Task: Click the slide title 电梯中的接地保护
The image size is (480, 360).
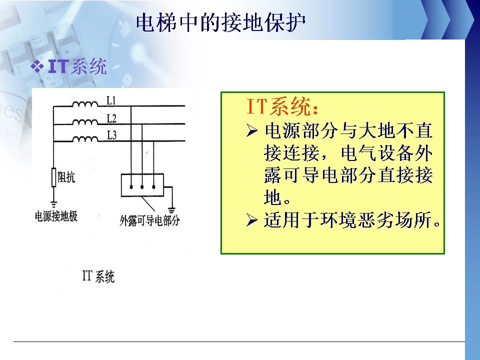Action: tap(220, 22)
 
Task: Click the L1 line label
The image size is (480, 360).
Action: tap(111, 100)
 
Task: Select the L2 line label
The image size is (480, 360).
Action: tap(111, 118)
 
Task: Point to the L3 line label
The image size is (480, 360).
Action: tap(111, 135)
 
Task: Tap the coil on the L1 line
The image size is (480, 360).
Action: tap(85, 104)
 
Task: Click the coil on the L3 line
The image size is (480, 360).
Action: tap(85, 139)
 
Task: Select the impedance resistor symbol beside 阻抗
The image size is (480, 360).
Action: tap(54, 177)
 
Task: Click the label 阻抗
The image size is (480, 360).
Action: tap(66, 177)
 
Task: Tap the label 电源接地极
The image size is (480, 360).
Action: tap(56, 216)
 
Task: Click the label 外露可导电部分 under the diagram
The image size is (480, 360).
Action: tap(149, 220)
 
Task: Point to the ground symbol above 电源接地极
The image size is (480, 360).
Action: tap(54, 204)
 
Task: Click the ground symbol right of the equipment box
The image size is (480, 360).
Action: tap(171, 210)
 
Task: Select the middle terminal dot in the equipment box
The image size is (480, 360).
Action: tap(142, 186)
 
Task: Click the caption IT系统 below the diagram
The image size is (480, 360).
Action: tap(98, 276)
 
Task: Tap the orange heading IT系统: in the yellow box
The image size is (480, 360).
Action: tap(282, 106)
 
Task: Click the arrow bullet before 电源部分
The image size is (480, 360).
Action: tap(251, 131)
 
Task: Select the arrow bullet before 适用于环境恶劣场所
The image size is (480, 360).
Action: tap(251, 220)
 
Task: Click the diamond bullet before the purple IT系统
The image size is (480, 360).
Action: tap(37, 66)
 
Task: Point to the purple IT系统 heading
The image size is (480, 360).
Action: tap(77, 66)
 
